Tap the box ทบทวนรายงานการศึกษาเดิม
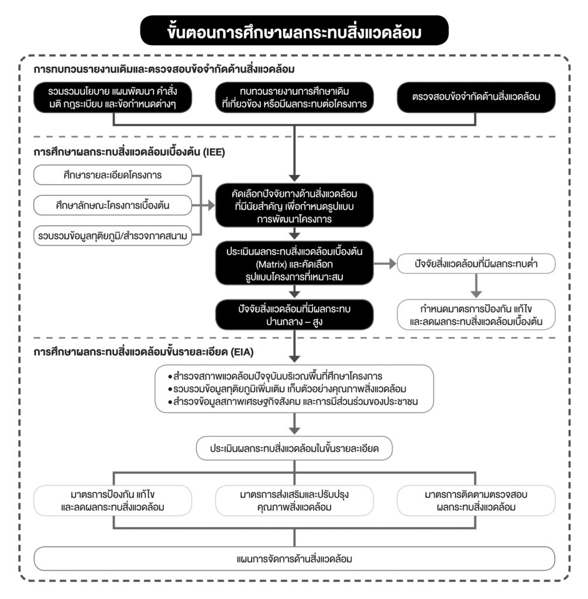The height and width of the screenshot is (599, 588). click(294, 98)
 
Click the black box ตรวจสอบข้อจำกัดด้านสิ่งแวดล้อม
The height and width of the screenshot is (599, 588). click(475, 98)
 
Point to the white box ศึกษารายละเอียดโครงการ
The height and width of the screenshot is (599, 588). click(113, 175)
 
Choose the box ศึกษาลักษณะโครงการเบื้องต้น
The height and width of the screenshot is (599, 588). click(113, 205)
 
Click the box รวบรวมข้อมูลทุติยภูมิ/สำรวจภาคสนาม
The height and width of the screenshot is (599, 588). click(113, 235)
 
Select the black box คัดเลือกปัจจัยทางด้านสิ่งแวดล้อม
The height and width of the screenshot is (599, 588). click(294, 205)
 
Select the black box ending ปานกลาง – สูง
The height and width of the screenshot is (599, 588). click(294, 315)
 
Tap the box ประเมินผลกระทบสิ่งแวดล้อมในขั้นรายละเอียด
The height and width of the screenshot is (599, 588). click(294, 448)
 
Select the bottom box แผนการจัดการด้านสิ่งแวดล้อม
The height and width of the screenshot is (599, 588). click(294, 559)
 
